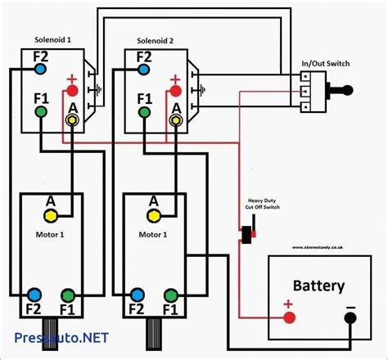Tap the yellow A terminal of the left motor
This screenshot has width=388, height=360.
pyautogui.click(x=51, y=215)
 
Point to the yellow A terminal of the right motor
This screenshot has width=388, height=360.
pyautogui.click(x=154, y=215)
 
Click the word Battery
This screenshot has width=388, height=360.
pyautogui.click(x=318, y=286)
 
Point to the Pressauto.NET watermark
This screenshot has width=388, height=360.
pyautogui.click(x=61, y=336)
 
